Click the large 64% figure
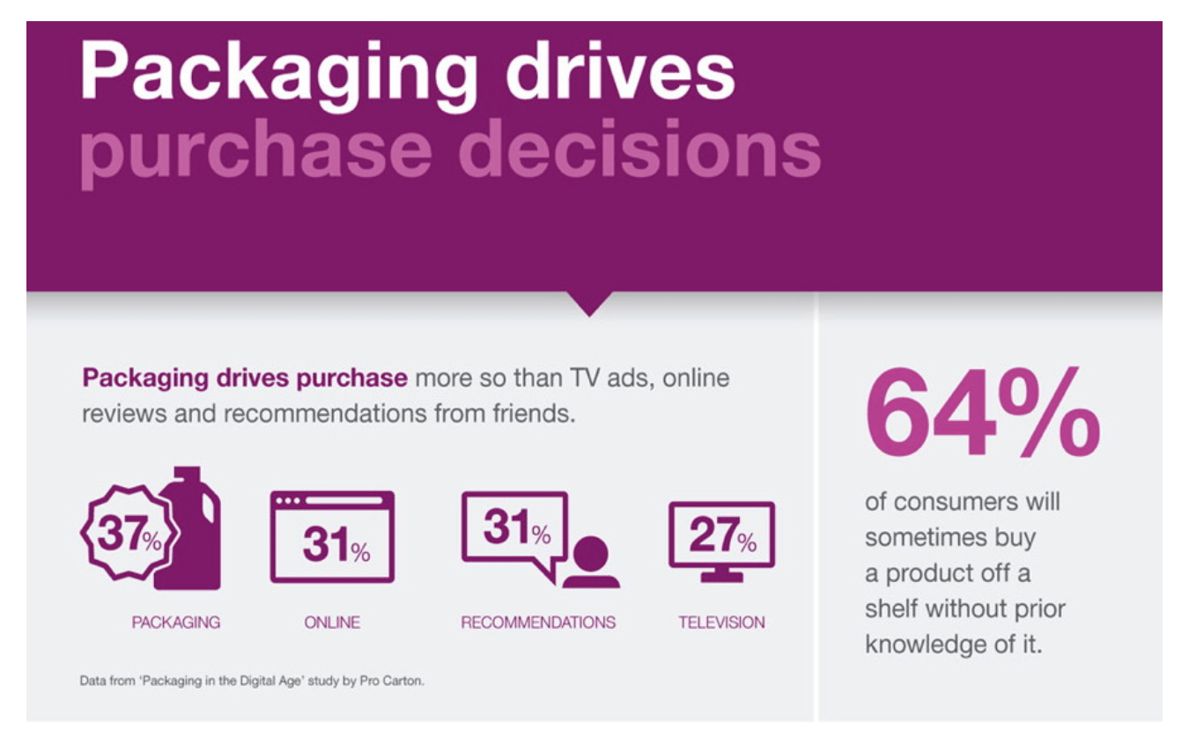coord(983,412)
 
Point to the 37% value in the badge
coord(129,533)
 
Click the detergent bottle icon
coord(189,528)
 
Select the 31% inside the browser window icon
coord(336,544)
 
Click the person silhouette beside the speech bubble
coord(591,563)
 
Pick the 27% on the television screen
coord(723,534)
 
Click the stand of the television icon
coord(722,575)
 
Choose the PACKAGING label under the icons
coord(175,623)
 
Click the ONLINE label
coord(332,623)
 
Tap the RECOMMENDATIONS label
coord(538,623)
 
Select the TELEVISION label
coord(722,623)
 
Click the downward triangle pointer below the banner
coord(589,302)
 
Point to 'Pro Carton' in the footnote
coord(392,681)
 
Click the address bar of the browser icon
coord(344,501)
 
